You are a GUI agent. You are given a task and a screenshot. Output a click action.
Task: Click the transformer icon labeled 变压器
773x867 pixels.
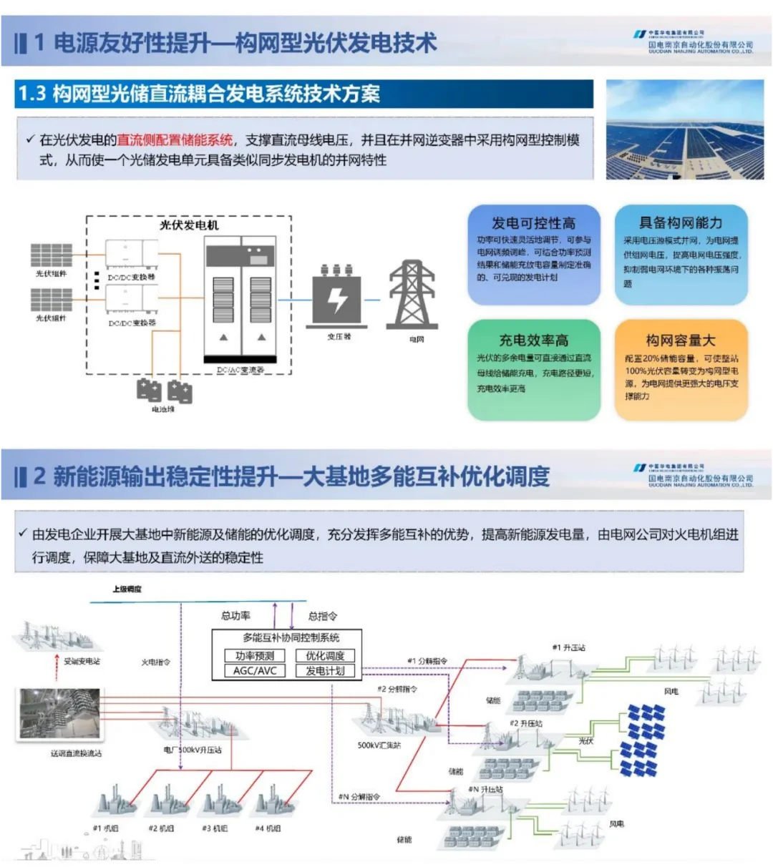click(337, 296)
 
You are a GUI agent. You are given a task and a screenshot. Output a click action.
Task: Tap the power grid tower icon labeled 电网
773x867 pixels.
click(412, 295)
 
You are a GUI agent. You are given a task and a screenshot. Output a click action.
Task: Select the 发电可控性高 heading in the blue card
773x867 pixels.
click(533, 223)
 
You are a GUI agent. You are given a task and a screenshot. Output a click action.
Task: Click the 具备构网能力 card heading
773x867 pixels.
click(680, 223)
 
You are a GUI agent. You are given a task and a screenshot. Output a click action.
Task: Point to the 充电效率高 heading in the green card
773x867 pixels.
click(533, 341)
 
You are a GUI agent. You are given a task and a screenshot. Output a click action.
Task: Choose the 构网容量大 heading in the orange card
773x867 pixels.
click(680, 341)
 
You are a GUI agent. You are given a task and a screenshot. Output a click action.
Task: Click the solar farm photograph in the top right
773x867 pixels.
click(684, 129)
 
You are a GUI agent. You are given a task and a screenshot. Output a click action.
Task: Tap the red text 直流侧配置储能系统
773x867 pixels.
click(175, 140)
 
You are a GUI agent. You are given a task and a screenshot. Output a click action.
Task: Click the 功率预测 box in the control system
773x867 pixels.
click(254, 655)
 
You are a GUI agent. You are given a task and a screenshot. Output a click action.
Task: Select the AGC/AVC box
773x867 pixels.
click(254, 671)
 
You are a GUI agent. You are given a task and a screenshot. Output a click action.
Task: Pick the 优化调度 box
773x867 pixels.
click(325, 655)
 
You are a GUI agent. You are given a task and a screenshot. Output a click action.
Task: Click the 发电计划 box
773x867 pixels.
click(325, 671)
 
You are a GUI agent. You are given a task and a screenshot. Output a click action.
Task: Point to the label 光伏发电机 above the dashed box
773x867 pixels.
click(189, 225)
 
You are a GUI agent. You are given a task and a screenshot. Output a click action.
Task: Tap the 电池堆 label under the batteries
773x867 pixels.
click(163, 409)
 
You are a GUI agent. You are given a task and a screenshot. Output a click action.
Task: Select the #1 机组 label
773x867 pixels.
click(105, 828)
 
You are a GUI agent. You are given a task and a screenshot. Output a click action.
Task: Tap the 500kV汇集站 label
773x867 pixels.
click(379, 745)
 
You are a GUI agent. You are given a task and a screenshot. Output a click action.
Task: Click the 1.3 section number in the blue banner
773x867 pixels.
click(32, 94)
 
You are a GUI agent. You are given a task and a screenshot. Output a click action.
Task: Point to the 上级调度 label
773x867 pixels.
click(127, 589)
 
